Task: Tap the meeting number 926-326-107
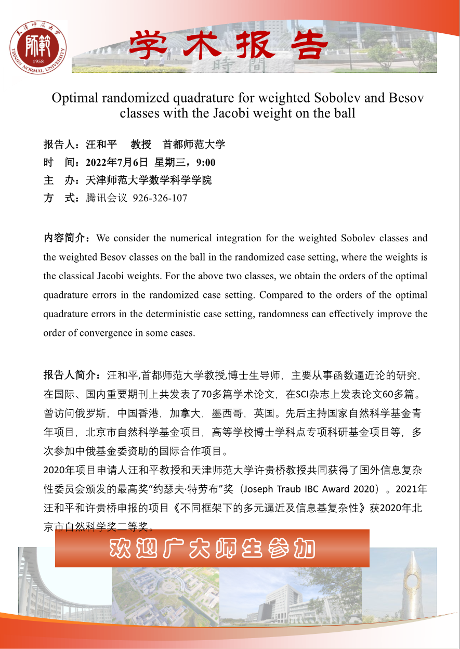160,198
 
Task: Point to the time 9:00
206,163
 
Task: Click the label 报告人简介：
74,374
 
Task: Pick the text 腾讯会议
107,198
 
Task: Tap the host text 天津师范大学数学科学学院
149,180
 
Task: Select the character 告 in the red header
307,45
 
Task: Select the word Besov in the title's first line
406,98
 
